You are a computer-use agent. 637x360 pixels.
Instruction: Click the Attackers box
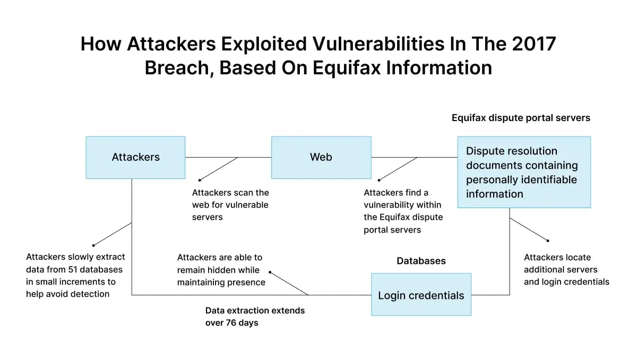135,157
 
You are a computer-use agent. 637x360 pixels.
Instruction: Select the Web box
321,157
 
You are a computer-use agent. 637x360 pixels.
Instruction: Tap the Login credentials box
421,295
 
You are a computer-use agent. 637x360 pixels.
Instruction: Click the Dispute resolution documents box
524,172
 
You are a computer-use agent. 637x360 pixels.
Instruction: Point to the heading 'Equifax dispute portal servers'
521,118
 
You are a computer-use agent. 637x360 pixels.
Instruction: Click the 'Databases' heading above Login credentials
421,261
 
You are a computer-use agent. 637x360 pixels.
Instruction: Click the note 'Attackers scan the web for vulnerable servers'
230,205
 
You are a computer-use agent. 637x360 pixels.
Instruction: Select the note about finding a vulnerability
403,211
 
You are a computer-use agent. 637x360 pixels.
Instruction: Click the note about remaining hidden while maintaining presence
221,270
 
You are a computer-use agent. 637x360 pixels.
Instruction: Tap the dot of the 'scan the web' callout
200,180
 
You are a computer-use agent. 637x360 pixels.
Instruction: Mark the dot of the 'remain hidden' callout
270,272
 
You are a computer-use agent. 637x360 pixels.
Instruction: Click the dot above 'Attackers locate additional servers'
548,241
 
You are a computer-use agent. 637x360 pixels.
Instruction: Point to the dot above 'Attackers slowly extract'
93,245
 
